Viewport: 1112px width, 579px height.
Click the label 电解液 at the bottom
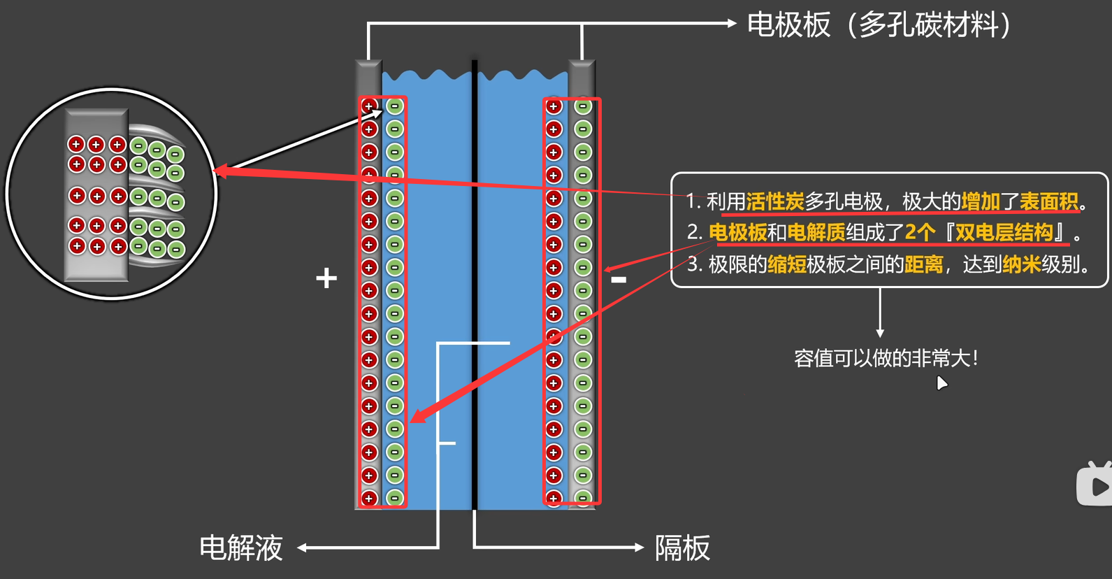click(241, 548)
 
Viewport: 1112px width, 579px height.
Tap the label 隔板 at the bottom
click(682, 548)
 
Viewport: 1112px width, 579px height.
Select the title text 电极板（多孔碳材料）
click(880, 25)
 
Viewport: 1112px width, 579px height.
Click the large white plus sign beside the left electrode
click(326, 278)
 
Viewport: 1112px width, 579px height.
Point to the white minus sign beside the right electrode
click(619, 280)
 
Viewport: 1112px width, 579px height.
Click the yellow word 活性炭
click(774, 201)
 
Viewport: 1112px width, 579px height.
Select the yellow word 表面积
click(1048, 201)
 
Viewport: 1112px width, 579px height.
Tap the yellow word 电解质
click(816, 232)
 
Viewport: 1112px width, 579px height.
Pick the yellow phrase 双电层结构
click(1004, 232)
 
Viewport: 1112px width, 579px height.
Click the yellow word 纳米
click(1021, 264)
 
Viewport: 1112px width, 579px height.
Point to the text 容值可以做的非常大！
click(886, 359)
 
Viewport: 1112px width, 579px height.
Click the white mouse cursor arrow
click(941, 383)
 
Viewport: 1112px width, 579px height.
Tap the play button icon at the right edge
click(1096, 485)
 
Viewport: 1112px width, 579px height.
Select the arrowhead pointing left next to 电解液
click(303, 548)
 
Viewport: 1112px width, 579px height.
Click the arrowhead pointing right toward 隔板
click(639, 548)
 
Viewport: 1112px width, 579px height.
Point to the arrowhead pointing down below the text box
click(880, 334)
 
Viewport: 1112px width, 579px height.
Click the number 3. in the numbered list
click(694, 264)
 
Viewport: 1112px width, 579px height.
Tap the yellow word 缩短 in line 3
click(786, 264)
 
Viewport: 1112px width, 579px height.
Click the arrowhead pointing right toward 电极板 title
click(732, 23)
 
